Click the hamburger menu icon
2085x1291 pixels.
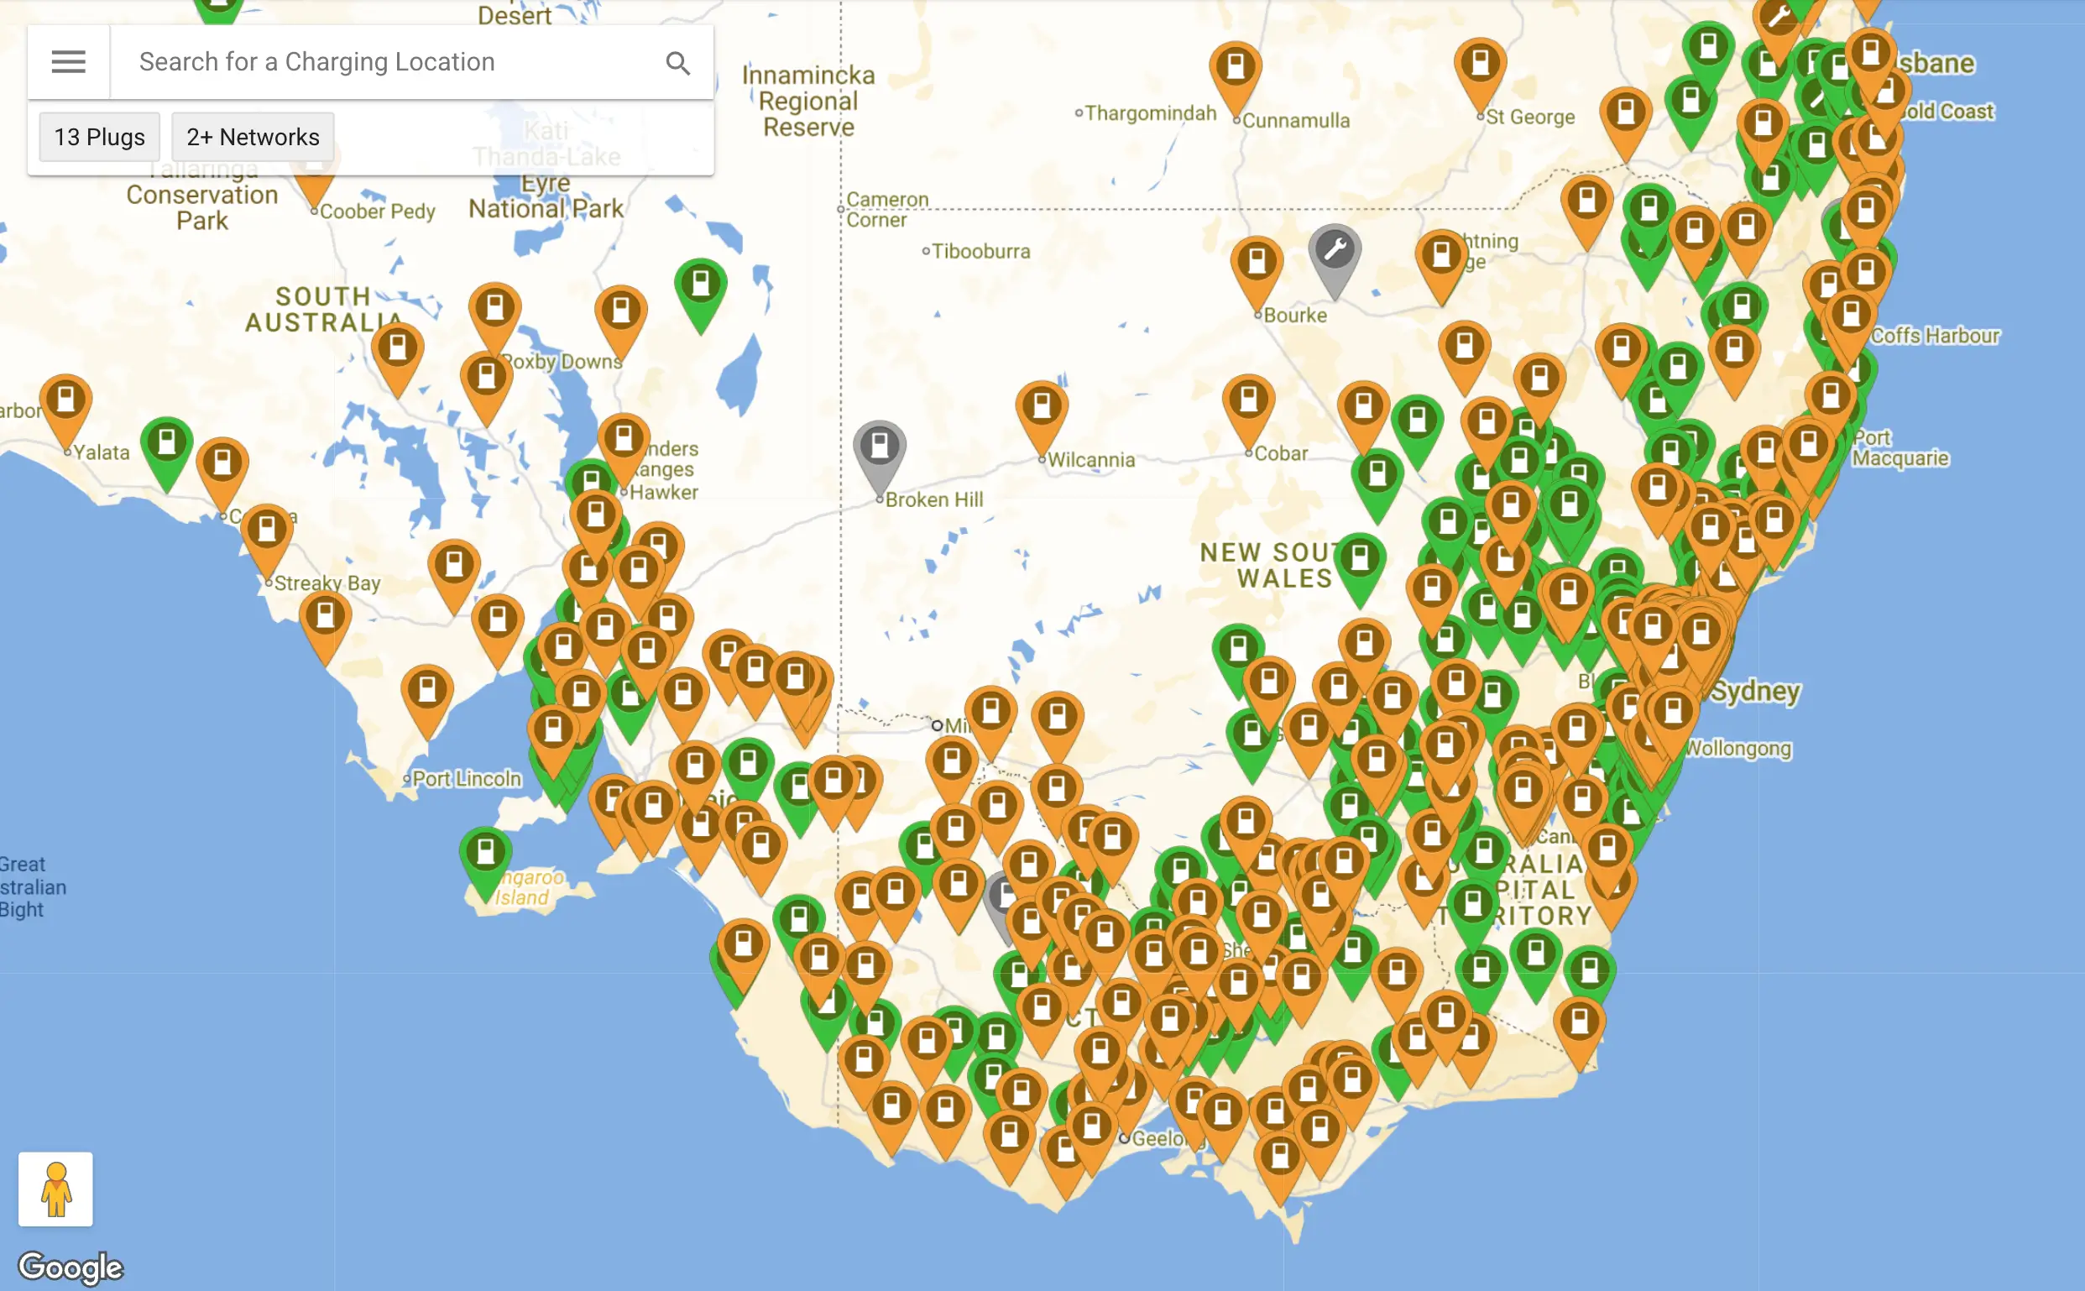(x=68, y=61)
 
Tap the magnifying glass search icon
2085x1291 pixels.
(x=678, y=63)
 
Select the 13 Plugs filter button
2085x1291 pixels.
(x=99, y=137)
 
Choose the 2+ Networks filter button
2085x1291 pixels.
(x=253, y=137)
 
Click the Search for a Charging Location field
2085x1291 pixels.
(x=384, y=61)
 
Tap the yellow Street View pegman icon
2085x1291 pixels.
(x=55, y=1189)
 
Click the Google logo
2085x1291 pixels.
(x=71, y=1268)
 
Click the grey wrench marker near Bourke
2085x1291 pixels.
(x=1335, y=253)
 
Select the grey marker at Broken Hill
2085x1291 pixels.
(x=880, y=447)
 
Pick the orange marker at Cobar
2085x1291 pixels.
(x=1248, y=400)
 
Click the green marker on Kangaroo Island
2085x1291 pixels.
(x=486, y=853)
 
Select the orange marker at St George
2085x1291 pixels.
(x=1481, y=64)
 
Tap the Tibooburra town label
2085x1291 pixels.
(x=980, y=252)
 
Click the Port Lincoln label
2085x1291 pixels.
(x=466, y=779)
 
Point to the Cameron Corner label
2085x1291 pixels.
(x=887, y=209)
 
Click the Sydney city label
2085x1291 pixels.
(x=1755, y=691)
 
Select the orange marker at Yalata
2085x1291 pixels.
(x=66, y=400)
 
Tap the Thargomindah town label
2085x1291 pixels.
(x=1150, y=113)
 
